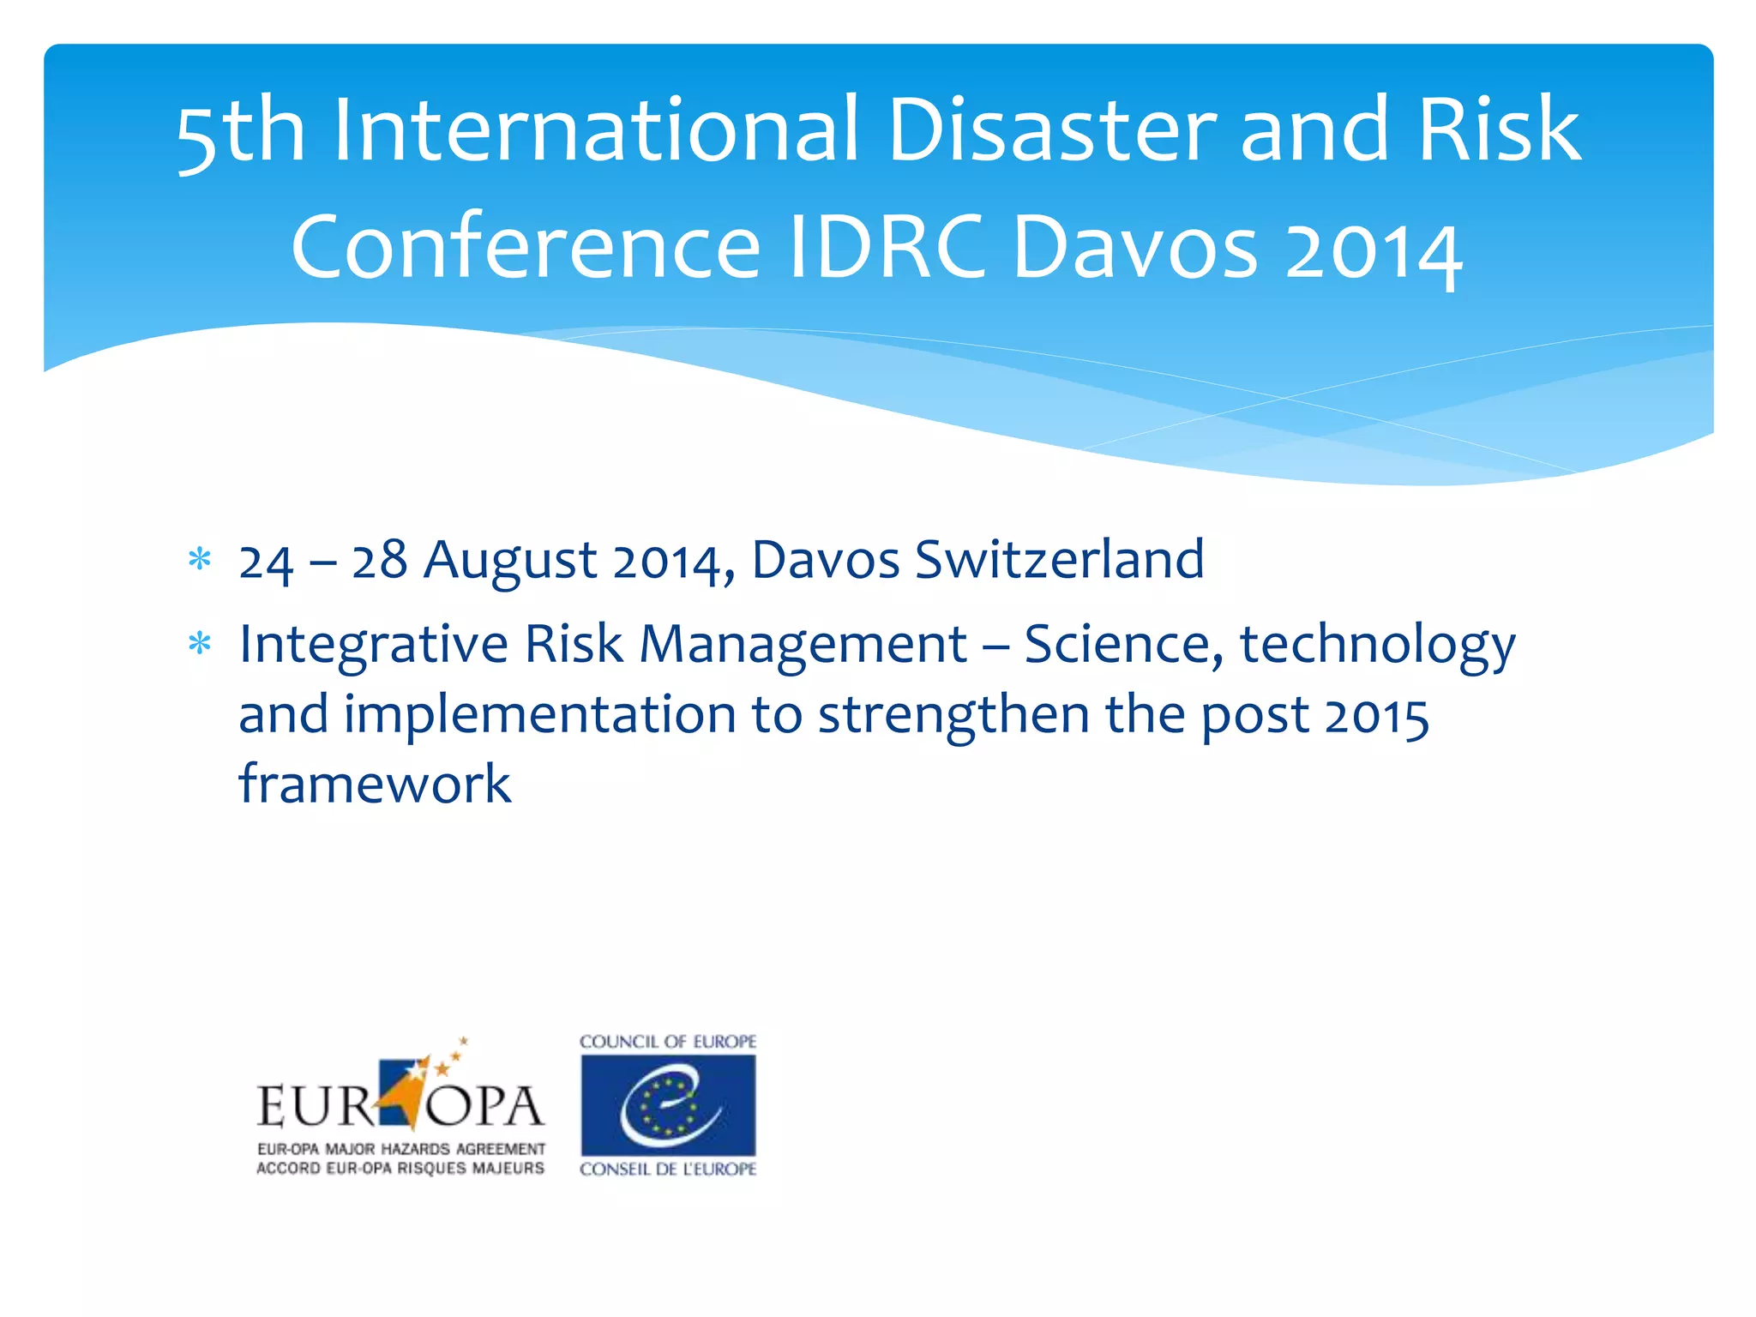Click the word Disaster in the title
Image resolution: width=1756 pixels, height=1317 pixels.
[1052, 130]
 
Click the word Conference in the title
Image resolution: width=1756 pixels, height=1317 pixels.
[526, 247]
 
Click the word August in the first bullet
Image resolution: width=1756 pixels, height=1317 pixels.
[510, 561]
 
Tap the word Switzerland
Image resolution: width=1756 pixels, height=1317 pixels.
[1059, 561]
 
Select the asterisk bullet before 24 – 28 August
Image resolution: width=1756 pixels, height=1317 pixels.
[200, 561]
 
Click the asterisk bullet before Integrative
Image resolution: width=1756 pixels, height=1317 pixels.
[200, 644]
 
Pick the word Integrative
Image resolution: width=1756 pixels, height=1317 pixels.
[373, 646]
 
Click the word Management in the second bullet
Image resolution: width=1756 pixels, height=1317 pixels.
[803, 644]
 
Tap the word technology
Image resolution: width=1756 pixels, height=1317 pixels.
[1378, 646]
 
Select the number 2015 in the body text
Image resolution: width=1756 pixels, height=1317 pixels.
[1376, 716]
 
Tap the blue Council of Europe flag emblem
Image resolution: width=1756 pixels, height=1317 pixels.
[668, 1105]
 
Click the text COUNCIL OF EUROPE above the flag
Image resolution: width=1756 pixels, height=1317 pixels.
[668, 1042]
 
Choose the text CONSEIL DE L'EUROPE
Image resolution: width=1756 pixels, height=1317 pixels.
[668, 1169]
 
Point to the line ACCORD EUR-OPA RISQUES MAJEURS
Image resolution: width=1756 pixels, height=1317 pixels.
[400, 1168]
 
